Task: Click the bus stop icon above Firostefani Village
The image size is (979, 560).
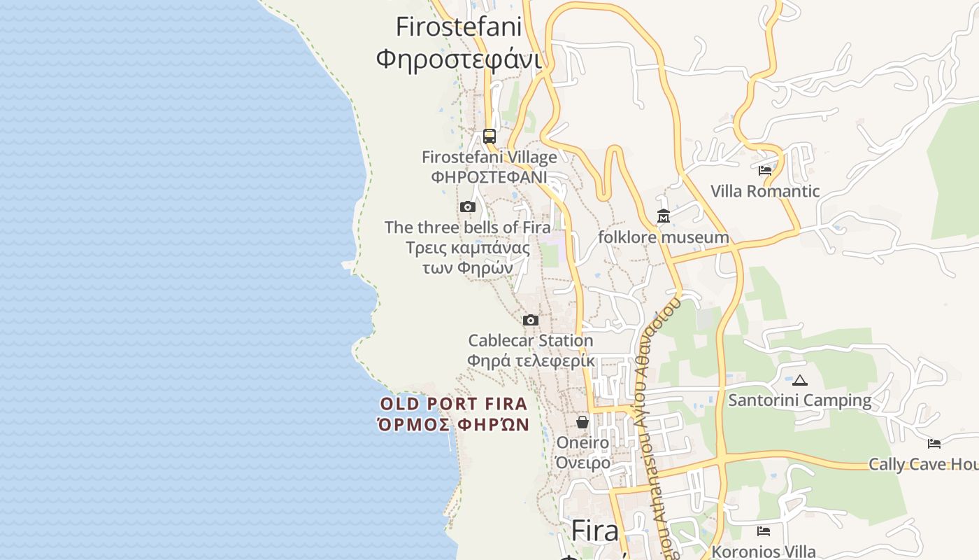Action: (x=489, y=136)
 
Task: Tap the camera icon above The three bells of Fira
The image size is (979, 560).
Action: (x=468, y=206)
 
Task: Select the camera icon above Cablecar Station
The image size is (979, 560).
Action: (x=531, y=320)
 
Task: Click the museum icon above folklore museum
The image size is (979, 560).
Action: (x=663, y=216)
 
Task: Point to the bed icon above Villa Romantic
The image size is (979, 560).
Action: (x=764, y=170)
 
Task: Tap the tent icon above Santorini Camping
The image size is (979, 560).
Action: (x=800, y=381)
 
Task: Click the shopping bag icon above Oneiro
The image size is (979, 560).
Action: (x=583, y=422)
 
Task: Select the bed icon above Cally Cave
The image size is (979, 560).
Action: (x=934, y=443)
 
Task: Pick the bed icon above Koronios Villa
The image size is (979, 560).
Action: (x=764, y=531)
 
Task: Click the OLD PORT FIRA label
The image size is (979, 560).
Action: (x=453, y=404)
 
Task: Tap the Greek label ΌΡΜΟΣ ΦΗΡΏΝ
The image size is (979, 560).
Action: (x=453, y=424)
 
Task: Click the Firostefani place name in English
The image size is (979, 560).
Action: (x=459, y=27)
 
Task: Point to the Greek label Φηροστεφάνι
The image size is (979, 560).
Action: (x=459, y=59)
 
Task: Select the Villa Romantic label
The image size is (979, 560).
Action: (x=765, y=191)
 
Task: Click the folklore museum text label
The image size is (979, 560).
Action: (x=663, y=237)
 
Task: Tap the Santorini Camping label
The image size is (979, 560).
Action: (x=800, y=400)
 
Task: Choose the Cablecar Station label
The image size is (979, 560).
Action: (x=530, y=341)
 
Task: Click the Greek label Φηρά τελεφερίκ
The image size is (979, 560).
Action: (x=530, y=361)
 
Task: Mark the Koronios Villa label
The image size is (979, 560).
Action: (x=764, y=552)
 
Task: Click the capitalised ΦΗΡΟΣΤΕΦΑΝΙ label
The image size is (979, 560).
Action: (x=489, y=177)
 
